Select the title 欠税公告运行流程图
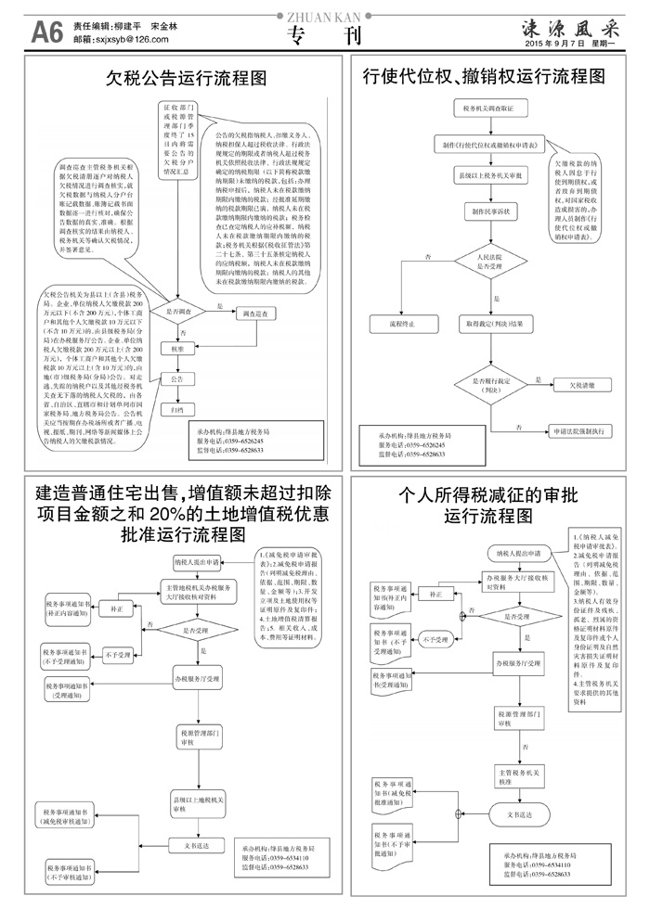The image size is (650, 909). coord(187,76)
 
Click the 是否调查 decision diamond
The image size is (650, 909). coord(177,313)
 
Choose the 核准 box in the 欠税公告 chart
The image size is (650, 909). coord(176,349)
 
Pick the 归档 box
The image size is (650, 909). coord(176,408)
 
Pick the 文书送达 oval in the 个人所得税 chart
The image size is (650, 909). coord(520,813)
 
